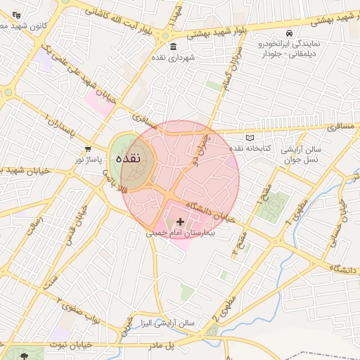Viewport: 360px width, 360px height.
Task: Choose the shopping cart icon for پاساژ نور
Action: tap(88, 149)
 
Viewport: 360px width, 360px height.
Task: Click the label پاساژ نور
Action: tap(90, 160)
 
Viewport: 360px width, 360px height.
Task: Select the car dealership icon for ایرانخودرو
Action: tap(290, 33)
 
